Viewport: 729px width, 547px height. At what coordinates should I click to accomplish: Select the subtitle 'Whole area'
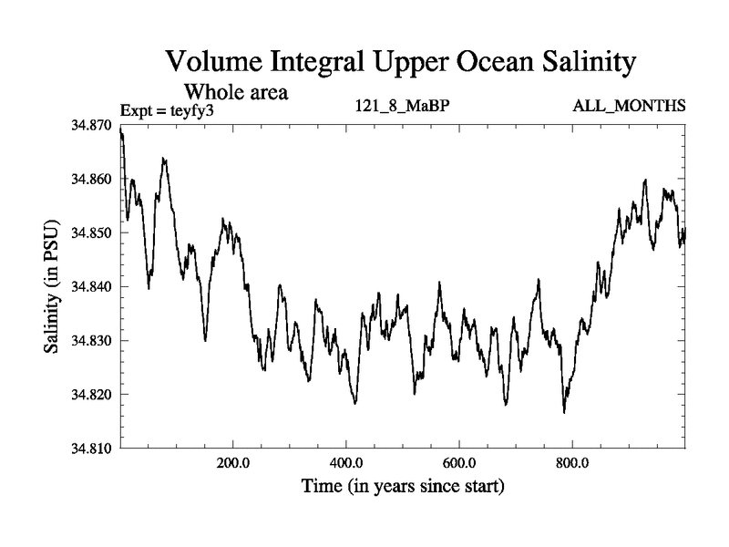pos(236,91)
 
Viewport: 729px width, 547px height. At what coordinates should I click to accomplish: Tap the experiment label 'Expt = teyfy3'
pos(173,109)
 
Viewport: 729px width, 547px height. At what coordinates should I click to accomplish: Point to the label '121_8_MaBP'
pos(402,107)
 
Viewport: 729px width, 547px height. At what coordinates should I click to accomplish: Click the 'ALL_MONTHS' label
pos(629,107)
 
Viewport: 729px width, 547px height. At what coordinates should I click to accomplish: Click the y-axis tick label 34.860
pos(91,179)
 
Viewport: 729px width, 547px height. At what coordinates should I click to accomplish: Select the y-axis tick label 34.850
pos(91,232)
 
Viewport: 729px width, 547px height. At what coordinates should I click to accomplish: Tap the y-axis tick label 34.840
pos(91,287)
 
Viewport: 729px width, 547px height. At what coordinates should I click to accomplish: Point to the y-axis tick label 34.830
pos(91,341)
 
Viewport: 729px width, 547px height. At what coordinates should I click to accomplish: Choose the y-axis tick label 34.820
pos(91,395)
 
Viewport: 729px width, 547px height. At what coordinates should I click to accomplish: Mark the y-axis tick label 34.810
pos(91,449)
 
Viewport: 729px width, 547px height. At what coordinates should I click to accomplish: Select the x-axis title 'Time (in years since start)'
pos(403,487)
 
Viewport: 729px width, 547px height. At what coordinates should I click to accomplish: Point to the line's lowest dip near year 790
pos(564,412)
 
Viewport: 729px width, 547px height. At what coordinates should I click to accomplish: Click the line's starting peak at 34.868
pos(121,133)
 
